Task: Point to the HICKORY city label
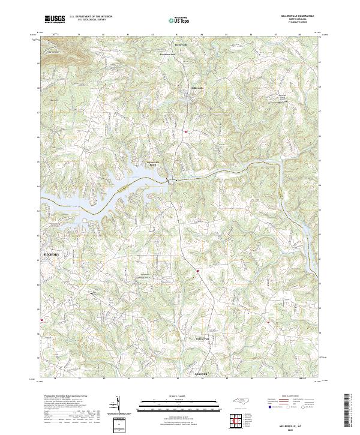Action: (x=53, y=254)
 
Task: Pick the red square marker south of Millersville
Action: (x=186, y=131)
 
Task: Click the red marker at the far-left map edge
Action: (x=41, y=320)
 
